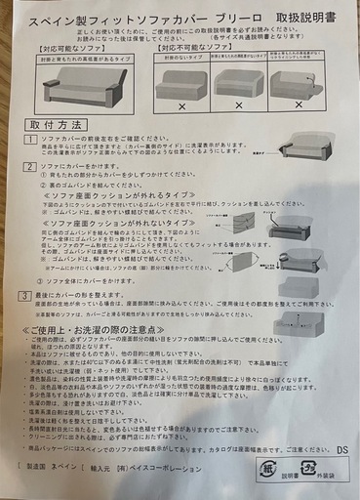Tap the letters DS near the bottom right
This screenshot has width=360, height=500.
coord(340,450)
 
